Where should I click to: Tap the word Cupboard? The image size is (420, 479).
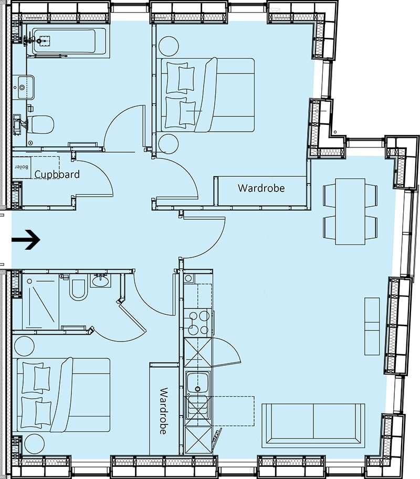click(57, 174)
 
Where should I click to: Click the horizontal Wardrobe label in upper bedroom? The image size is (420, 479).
click(261, 188)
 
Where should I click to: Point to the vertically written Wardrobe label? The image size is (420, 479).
click(163, 411)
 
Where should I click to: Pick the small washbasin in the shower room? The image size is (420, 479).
click(100, 281)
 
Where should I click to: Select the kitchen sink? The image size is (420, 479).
click(198, 388)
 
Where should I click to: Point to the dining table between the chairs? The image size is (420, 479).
click(350, 211)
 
